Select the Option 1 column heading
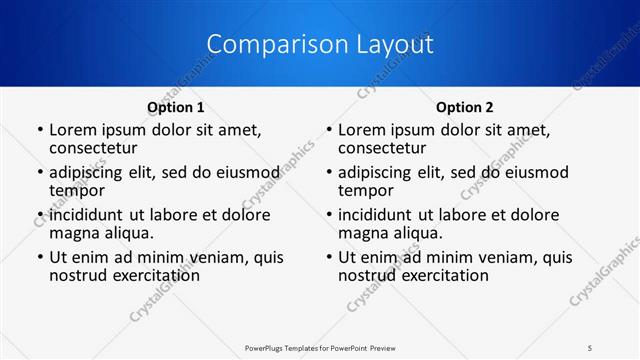(x=176, y=106)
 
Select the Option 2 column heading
(x=465, y=106)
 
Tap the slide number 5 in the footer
(x=590, y=346)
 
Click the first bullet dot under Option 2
(x=329, y=130)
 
